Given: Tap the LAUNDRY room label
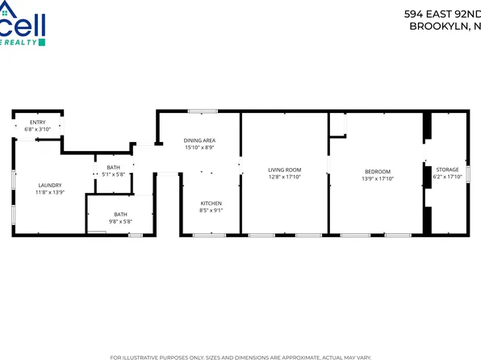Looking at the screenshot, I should click(x=48, y=186).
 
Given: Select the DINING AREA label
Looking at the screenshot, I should click(x=199, y=140).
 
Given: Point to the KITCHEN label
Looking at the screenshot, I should click(x=211, y=203).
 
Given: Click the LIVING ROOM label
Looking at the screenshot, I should click(x=285, y=170).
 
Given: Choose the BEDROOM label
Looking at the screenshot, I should click(x=378, y=171).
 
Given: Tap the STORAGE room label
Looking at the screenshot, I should click(x=446, y=170).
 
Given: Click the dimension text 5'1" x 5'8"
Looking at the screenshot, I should click(x=113, y=174).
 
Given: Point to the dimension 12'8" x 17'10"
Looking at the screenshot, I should click(x=285, y=177).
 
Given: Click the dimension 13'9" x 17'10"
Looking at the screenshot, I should click(x=378, y=178).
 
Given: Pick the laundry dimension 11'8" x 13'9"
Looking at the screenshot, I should click(x=48, y=192).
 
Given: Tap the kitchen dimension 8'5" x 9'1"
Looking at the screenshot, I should click(x=211, y=210).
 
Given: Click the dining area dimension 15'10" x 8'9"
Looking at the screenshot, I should click(x=199, y=148).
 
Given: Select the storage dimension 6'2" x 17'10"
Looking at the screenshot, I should click(x=446, y=177).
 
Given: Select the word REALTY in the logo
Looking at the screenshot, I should click(x=27, y=41).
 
